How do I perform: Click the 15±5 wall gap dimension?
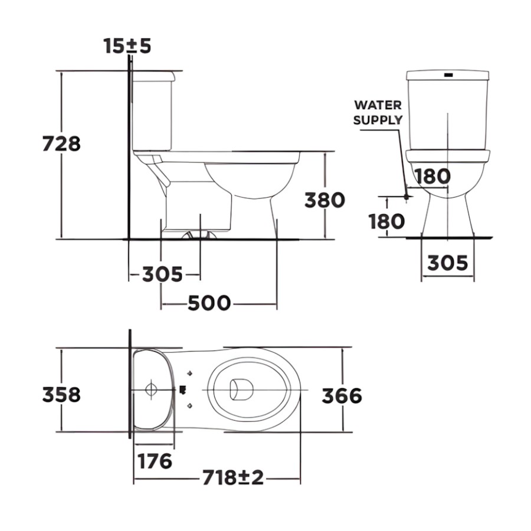point(127,46)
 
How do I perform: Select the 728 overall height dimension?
point(61,143)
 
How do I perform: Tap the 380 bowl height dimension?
point(324,200)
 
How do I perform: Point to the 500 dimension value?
point(209,303)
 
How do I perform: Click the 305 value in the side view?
point(162,274)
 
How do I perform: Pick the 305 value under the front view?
point(447,263)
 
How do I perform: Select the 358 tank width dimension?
point(61,395)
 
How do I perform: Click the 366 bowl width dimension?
point(342,396)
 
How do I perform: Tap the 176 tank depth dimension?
point(155,461)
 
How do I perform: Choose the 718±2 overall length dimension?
point(233,477)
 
